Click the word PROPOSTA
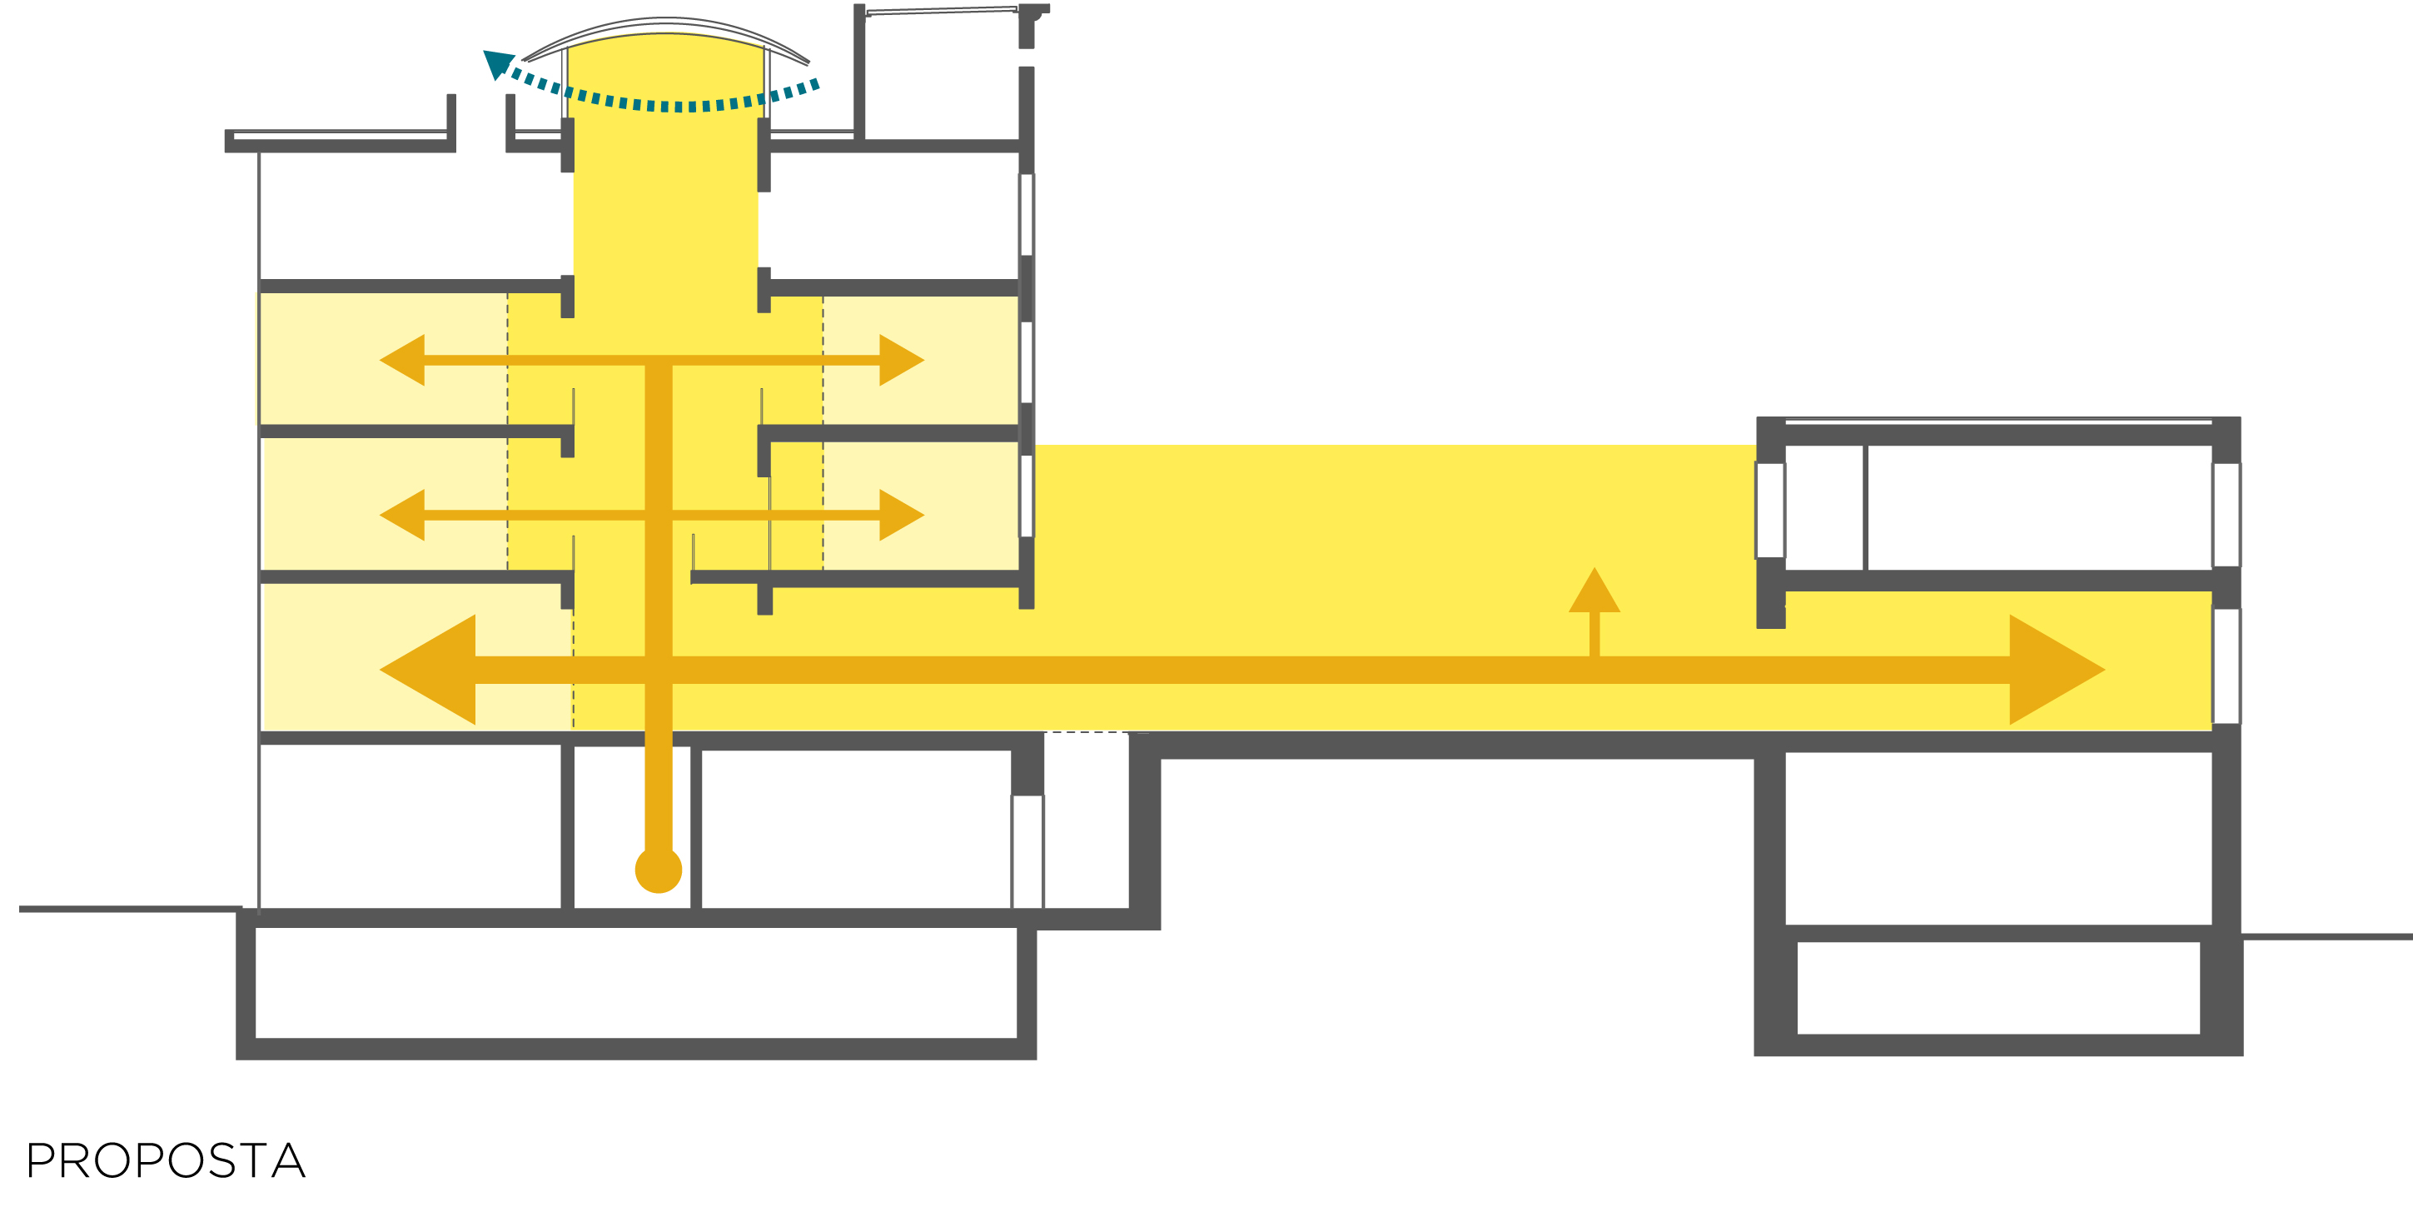coord(166,1161)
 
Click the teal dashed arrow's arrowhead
coord(497,63)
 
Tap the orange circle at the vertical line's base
coord(659,870)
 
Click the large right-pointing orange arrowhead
coord(2052,670)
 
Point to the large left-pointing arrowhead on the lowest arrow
coord(432,670)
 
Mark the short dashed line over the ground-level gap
coord(1087,733)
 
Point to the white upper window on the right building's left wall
coord(1769,511)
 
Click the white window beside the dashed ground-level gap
coord(1027,850)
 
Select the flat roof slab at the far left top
coord(339,141)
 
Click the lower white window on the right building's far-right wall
coord(2226,666)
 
